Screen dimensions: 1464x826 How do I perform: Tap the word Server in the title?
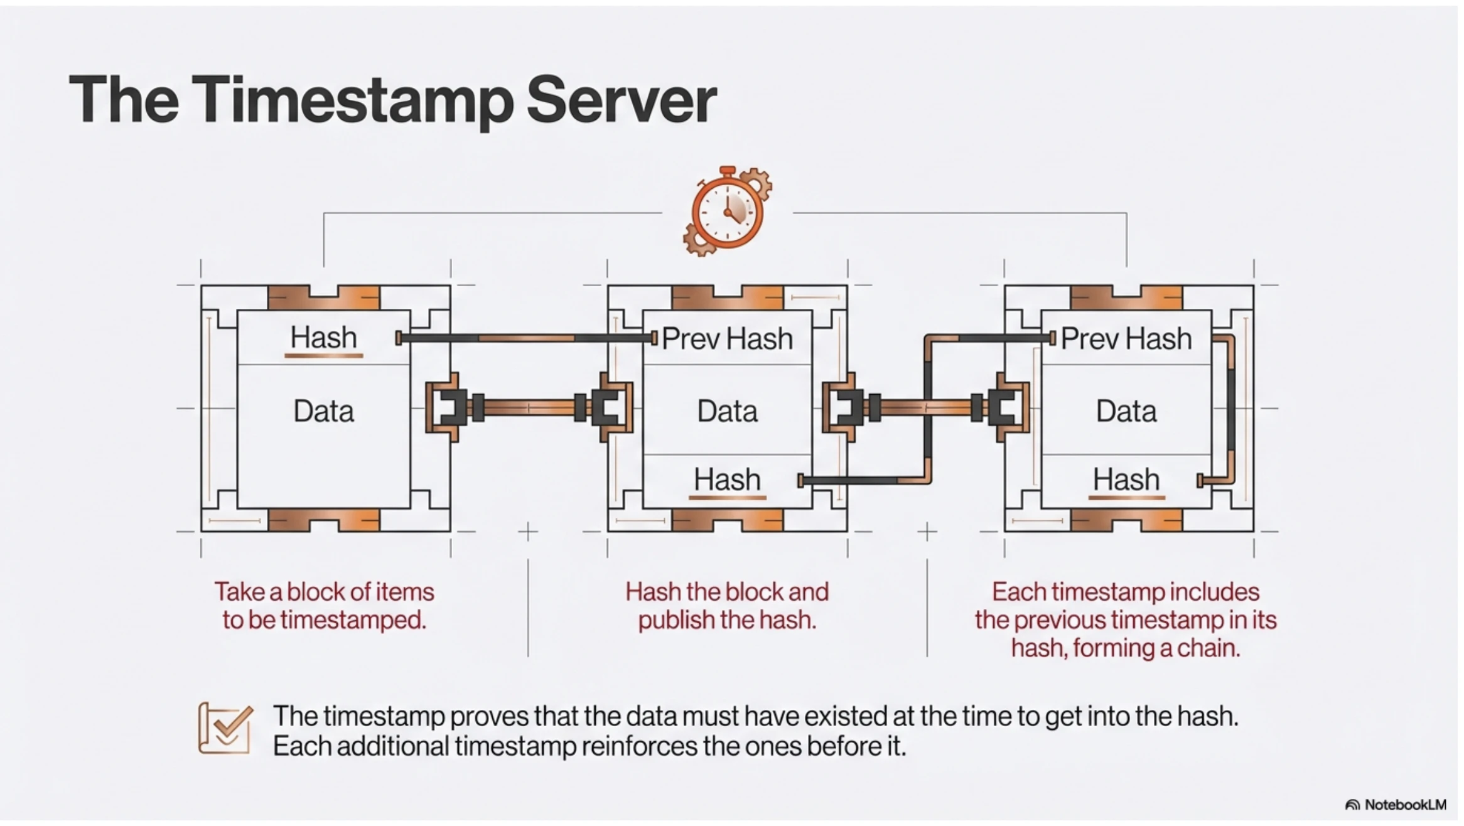(x=622, y=100)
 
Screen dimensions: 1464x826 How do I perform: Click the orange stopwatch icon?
(x=728, y=212)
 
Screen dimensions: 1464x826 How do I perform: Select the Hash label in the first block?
(x=323, y=338)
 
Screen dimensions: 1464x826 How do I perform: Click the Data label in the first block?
(x=323, y=411)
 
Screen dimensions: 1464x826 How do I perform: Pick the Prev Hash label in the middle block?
(x=727, y=339)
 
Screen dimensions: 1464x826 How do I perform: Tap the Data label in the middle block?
(x=728, y=411)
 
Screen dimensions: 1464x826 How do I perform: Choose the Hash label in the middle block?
(x=727, y=480)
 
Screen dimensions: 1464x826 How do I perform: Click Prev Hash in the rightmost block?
(x=1126, y=339)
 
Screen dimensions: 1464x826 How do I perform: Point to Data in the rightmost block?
(x=1126, y=411)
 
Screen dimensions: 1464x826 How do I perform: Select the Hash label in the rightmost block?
(x=1126, y=480)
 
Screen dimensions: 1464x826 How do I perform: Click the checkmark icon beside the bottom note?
(x=225, y=728)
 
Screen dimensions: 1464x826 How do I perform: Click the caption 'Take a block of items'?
(x=324, y=592)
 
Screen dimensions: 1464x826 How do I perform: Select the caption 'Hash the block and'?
(x=727, y=592)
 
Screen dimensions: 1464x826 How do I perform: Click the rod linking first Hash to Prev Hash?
(x=526, y=338)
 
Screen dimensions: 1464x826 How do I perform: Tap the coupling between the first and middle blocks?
(x=529, y=408)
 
